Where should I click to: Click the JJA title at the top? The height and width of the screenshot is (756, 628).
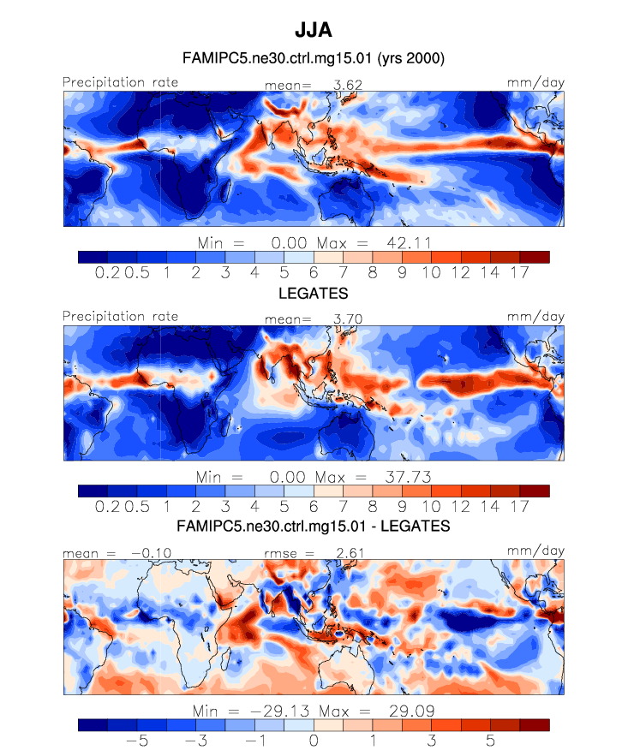click(x=313, y=30)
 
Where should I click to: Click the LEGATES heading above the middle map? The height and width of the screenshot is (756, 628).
click(x=314, y=293)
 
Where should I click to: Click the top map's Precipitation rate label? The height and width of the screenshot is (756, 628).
click(x=120, y=82)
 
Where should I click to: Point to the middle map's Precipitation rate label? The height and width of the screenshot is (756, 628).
click(x=120, y=316)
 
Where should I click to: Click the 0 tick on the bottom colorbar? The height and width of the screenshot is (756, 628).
click(x=314, y=740)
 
